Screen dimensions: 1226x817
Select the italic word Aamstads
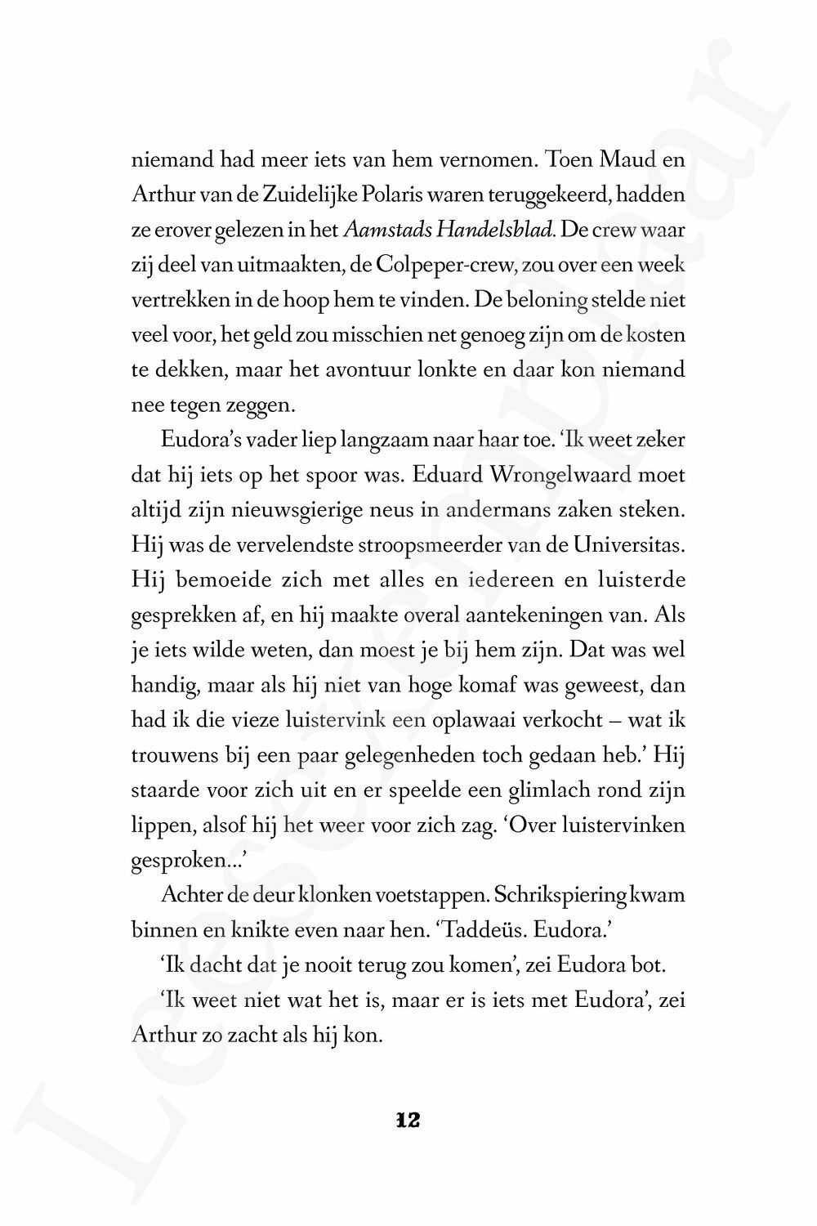[387, 231]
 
